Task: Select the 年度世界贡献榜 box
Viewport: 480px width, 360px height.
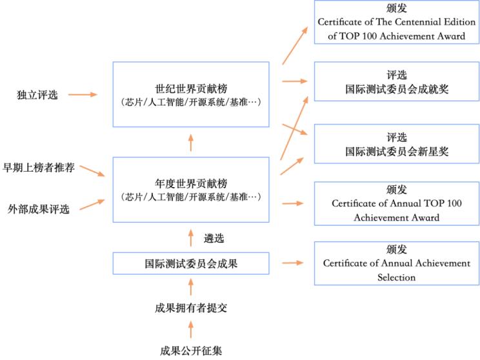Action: [x=190, y=189]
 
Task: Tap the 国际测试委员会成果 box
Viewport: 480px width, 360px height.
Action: [x=190, y=263]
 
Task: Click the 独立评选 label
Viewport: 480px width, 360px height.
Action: [x=37, y=95]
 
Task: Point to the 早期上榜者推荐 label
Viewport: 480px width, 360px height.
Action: [x=39, y=168]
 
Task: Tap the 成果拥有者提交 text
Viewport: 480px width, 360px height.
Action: [x=191, y=308]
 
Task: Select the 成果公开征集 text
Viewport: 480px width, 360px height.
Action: [x=191, y=351]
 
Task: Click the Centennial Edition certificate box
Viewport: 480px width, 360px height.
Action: [x=396, y=23]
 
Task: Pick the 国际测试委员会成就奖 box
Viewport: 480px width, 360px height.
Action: [x=396, y=82]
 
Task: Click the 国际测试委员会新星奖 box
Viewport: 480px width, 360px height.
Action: [x=396, y=145]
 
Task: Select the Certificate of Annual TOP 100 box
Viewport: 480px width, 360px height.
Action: [x=396, y=203]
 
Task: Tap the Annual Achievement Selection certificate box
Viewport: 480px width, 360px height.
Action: [x=396, y=263]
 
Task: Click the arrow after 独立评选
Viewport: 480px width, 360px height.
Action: [x=83, y=95]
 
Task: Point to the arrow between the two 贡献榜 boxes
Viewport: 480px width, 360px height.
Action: [x=190, y=142]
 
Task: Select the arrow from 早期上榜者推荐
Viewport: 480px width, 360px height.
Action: [x=92, y=171]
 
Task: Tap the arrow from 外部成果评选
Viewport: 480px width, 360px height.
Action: [x=92, y=205]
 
